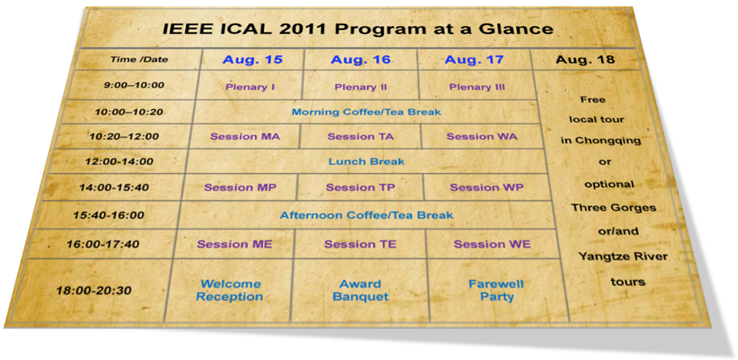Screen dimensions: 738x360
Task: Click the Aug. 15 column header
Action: tap(252, 60)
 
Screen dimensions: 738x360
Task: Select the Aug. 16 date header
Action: tap(361, 60)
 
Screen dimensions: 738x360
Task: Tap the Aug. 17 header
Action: tap(474, 60)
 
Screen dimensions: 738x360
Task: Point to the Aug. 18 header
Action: tap(585, 60)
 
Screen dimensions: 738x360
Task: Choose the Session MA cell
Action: tap(244, 137)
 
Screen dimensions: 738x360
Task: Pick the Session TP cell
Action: tap(361, 188)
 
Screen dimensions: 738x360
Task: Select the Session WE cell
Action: tap(492, 244)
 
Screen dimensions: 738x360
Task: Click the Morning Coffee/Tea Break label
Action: tap(367, 112)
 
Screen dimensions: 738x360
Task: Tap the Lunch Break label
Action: tap(367, 162)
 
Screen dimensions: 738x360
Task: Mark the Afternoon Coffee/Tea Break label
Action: tap(367, 215)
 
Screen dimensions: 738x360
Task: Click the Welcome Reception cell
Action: tap(230, 290)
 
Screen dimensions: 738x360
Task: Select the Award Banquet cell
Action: tap(360, 290)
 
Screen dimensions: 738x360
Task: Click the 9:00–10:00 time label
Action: tap(134, 85)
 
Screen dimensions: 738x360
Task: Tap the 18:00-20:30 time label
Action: tap(94, 290)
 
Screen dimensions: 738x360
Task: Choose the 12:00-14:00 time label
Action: tap(119, 162)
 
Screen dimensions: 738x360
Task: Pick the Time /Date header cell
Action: tap(139, 60)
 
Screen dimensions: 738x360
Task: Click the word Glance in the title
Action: tap(520, 28)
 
